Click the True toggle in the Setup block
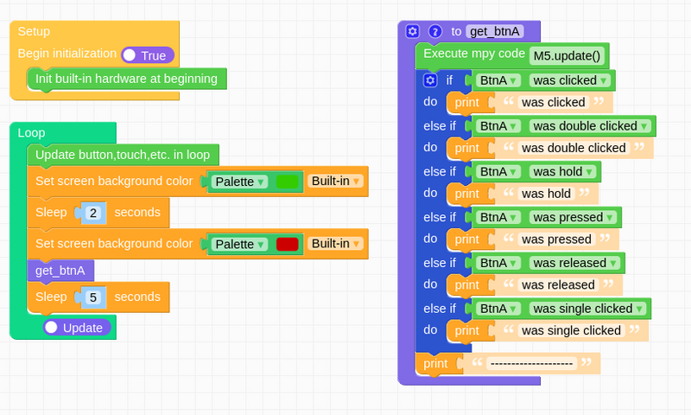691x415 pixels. pyautogui.click(x=148, y=55)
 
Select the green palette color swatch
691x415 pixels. pyautogui.click(x=288, y=182)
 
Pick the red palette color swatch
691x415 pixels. pyautogui.click(x=288, y=245)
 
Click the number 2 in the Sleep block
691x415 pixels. pyautogui.click(x=93, y=213)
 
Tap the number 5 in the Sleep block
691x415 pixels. pyautogui.click(x=93, y=297)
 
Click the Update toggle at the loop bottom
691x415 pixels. pyautogui.click(x=77, y=327)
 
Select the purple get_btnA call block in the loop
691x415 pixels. pyautogui.click(x=60, y=271)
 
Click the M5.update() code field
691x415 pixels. pyautogui.click(x=567, y=56)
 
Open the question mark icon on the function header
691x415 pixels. pyautogui.click(x=435, y=31)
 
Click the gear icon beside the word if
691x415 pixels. pyautogui.click(x=430, y=80)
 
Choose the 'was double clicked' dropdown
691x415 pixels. pyautogui.click(x=590, y=126)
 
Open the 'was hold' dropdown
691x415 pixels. pyautogui.click(x=563, y=171)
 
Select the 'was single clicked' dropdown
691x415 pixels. pyautogui.click(x=588, y=309)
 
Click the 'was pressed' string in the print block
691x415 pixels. pyautogui.click(x=556, y=239)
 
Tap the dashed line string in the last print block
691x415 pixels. pyautogui.click(x=531, y=363)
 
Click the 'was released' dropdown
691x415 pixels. pyautogui.click(x=574, y=263)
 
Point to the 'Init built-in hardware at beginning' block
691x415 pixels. pyautogui.click(x=126, y=79)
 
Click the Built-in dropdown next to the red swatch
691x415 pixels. pyautogui.click(x=335, y=244)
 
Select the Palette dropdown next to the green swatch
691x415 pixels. pyautogui.click(x=239, y=182)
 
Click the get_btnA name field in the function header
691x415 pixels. pyautogui.click(x=494, y=31)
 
